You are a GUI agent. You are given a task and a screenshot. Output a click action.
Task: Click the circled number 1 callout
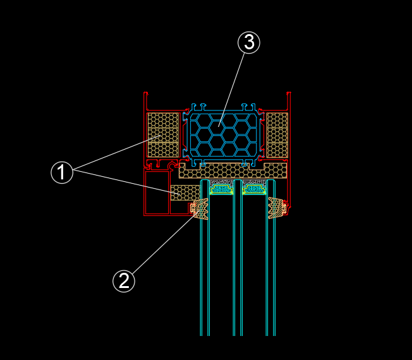(62, 172)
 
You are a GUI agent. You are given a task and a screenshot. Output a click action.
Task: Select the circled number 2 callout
(124, 280)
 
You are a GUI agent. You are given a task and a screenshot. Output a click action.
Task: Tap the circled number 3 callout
(248, 42)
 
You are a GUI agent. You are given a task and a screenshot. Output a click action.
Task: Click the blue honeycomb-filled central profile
(223, 133)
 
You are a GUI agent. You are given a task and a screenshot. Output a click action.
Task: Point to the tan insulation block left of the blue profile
(162, 135)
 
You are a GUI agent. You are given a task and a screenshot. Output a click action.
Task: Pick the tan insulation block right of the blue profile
(277, 135)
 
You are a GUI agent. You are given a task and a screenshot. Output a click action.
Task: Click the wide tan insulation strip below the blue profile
(232, 171)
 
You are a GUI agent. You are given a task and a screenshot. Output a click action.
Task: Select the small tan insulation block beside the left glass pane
(184, 193)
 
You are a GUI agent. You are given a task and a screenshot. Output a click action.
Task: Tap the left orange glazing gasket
(201, 209)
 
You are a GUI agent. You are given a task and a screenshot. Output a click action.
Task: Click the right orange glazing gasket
(276, 208)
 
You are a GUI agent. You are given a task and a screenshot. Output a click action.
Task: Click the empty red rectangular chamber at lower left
(157, 193)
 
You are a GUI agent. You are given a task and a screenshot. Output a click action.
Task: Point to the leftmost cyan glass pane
(205, 272)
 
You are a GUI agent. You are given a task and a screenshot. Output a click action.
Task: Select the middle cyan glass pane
(238, 272)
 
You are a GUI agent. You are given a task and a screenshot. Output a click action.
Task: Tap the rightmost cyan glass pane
(270, 272)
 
